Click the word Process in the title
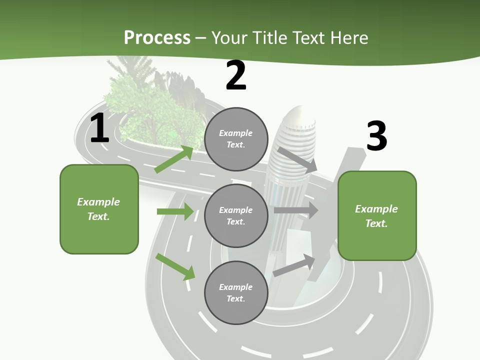coord(157,37)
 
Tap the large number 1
coord(99,128)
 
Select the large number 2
coord(236,75)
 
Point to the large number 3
coord(376,136)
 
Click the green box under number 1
coord(99,209)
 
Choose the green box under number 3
coord(377,216)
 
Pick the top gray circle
coord(236,139)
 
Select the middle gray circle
coord(236,215)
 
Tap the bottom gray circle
coord(236,292)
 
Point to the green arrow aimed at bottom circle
coord(175,266)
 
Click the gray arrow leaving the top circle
coord(297,159)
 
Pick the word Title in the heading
coord(270,37)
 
